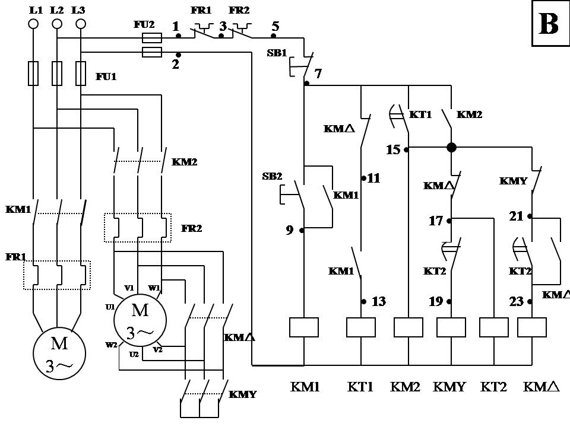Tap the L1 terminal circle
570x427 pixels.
tap(34, 24)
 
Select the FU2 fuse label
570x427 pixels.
tap(145, 25)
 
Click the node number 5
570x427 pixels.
tap(275, 27)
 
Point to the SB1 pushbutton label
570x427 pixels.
tap(277, 53)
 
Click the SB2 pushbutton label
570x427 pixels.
tap(272, 176)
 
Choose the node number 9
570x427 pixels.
tap(290, 230)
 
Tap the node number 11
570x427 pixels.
tap(373, 177)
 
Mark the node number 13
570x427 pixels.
tap(378, 301)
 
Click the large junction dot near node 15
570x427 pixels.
tap(451, 147)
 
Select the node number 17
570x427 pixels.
tap(436, 221)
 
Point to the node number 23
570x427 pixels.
tap(517, 301)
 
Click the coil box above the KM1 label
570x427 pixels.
tap(304, 327)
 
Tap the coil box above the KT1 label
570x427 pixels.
tap(361, 327)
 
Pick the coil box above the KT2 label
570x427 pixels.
tap(494, 327)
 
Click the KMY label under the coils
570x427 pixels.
tap(450, 387)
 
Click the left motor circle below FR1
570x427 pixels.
tap(59, 353)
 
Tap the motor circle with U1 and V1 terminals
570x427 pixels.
tap(140, 320)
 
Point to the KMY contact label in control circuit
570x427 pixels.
tap(514, 181)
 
